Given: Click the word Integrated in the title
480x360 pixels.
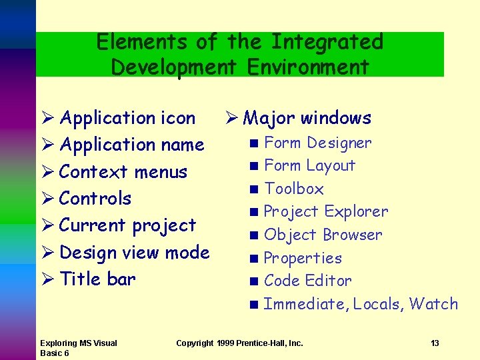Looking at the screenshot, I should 327,42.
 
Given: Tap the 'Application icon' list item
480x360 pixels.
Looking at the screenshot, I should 127,118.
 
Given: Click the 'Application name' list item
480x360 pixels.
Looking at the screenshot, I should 131,145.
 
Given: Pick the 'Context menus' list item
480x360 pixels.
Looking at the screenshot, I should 123,172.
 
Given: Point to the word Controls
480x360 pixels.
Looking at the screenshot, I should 95,199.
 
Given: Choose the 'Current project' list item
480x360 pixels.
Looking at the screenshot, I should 127,225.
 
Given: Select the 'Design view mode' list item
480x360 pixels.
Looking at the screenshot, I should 134,253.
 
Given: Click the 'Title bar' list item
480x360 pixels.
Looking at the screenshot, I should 97,279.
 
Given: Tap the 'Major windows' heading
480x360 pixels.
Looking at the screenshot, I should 307,118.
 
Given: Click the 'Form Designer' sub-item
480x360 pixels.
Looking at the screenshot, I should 317,143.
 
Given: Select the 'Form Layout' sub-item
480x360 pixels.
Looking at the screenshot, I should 309,165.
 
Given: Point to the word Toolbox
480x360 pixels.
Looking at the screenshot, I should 294,189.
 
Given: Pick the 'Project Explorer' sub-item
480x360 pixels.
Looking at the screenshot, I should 325,211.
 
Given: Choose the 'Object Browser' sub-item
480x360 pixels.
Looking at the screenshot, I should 323,235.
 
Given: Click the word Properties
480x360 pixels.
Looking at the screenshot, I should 303,258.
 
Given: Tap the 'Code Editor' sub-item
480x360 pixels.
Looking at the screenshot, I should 307,281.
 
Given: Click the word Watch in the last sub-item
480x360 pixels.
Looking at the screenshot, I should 433,304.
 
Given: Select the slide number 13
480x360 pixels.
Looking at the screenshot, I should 435,343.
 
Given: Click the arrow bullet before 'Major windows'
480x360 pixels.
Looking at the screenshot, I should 227,119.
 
